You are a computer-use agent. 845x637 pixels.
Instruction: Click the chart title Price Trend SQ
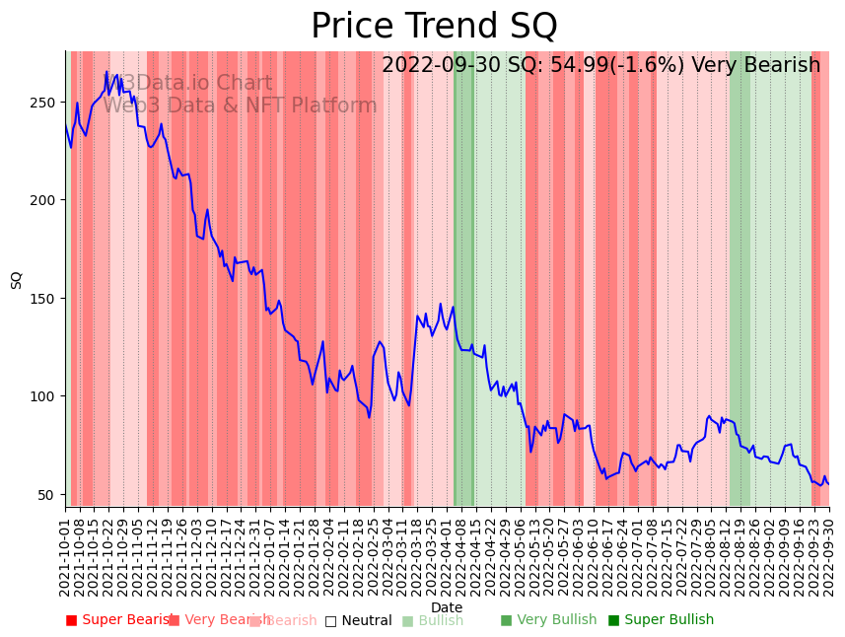pos(434,27)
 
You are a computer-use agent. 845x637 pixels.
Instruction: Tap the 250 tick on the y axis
pos(45,102)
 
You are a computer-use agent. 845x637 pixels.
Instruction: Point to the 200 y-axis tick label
pos(45,200)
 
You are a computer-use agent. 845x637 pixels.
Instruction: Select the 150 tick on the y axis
pos(45,298)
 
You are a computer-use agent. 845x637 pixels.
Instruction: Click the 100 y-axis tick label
pos(45,396)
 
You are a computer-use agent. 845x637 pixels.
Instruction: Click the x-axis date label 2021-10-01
pos(65,553)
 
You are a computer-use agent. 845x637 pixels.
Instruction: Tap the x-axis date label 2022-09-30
pos(828,553)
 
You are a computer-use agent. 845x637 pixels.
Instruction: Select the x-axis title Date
pos(447,607)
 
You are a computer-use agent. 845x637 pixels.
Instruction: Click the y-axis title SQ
pos(17,280)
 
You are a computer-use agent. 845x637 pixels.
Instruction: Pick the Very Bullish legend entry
pos(548,620)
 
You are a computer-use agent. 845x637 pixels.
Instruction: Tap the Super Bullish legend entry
pos(661,620)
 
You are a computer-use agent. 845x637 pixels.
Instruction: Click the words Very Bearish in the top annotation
pos(755,66)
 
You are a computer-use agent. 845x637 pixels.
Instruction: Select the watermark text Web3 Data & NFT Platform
pos(240,106)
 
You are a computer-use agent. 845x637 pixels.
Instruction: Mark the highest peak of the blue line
pos(106,71)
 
